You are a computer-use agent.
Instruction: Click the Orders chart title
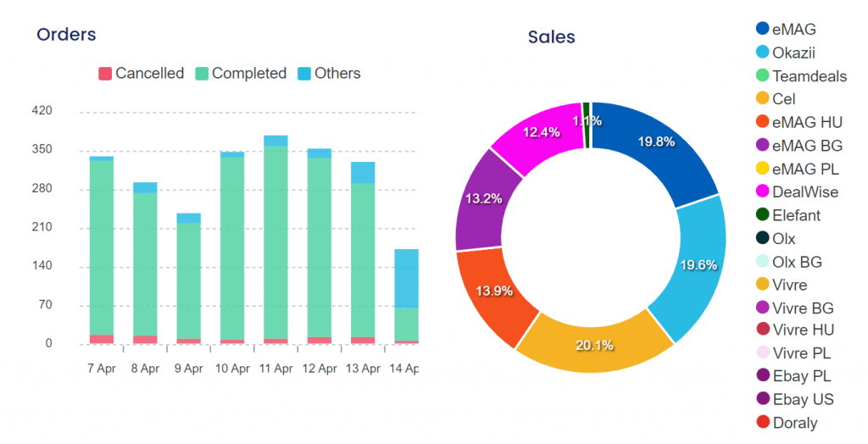[66, 35]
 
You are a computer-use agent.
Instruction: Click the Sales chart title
[551, 37]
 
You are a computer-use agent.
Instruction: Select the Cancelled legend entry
[141, 74]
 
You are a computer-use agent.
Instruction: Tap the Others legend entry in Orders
[329, 74]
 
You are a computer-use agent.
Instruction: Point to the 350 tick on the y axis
[42, 150]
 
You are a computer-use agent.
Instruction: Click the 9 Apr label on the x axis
[188, 369]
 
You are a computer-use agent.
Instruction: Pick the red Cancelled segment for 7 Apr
[102, 339]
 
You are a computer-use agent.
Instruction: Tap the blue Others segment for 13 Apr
[363, 172]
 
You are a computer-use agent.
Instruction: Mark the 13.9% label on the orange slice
[494, 291]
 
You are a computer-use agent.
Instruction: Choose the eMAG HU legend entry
[798, 122]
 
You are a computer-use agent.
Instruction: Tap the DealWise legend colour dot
[762, 191]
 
